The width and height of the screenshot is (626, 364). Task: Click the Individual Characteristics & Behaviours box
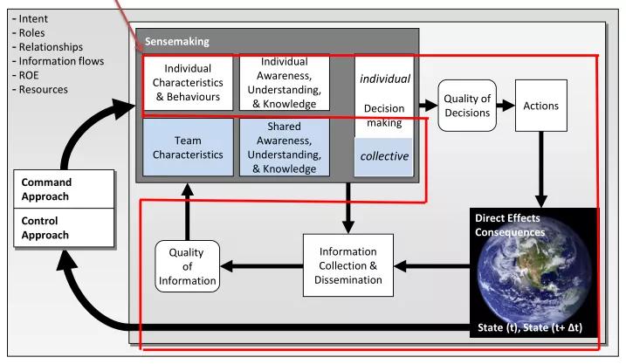click(189, 83)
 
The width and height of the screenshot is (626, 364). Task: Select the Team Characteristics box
click(189, 147)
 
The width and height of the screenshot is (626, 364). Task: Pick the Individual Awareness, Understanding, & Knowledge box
click(284, 83)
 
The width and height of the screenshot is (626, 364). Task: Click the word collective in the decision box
click(385, 156)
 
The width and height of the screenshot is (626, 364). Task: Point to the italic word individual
click(385, 79)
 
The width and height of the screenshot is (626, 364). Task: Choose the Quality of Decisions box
click(467, 106)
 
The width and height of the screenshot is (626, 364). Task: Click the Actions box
click(540, 106)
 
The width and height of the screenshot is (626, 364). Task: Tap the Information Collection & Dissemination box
click(348, 264)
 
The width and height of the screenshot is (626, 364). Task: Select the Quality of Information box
click(186, 265)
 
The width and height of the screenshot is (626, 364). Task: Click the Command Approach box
click(65, 189)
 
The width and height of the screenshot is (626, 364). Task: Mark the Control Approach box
click(65, 228)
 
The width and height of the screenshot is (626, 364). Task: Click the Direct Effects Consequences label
click(510, 225)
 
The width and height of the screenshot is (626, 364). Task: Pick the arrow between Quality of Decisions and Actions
click(505, 106)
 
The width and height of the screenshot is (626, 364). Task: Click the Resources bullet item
click(41, 89)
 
